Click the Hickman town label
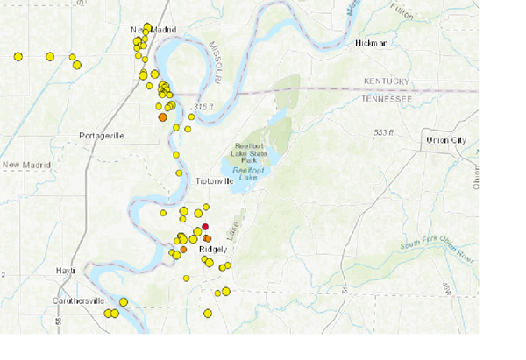tap(371, 42)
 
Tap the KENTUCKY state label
tap(386, 82)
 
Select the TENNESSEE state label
tap(386, 99)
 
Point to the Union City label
tap(445, 140)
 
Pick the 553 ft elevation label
tap(385, 132)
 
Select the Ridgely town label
tap(214, 249)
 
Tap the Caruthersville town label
tap(77, 300)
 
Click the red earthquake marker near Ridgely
tap(204, 227)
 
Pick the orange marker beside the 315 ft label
tap(162, 116)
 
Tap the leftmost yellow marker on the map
tap(18, 57)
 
